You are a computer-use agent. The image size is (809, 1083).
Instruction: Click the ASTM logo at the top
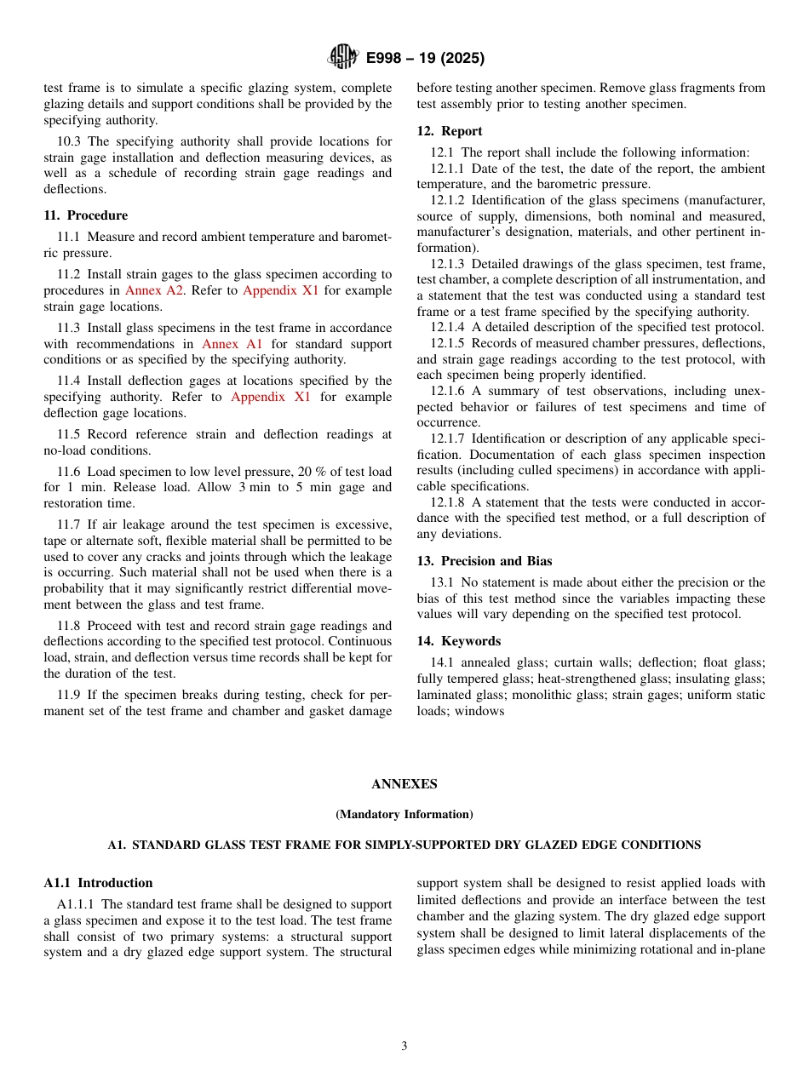point(343,58)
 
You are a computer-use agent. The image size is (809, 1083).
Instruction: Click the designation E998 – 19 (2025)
point(425,59)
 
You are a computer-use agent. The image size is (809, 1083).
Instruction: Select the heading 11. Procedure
point(85,215)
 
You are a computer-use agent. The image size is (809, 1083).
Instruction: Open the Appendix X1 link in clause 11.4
point(271,397)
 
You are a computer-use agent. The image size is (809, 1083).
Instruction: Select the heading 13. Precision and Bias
point(484,561)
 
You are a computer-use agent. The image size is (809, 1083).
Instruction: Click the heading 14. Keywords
point(458,641)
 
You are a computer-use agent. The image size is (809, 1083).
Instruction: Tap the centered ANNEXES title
point(404,784)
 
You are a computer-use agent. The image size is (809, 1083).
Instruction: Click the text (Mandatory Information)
point(404,815)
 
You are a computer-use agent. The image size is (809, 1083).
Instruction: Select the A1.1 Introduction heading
point(98,883)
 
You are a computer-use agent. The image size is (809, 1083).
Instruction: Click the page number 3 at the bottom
point(404,1046)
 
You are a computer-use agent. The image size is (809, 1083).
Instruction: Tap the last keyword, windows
point(482,711)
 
